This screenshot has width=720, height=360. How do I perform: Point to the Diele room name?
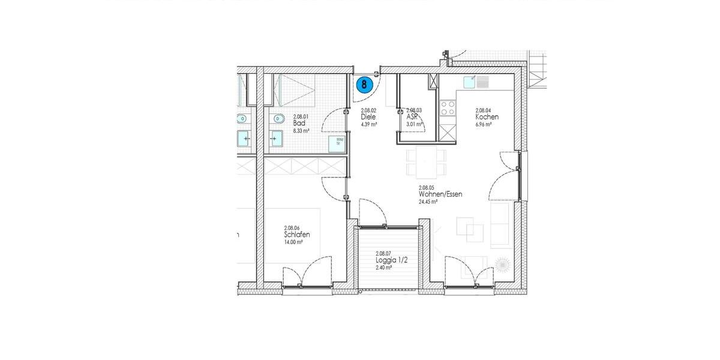(x=368, y=118)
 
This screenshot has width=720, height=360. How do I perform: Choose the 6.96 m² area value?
(x=484, y=124)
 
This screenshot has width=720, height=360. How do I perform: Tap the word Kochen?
(x=487, y=117)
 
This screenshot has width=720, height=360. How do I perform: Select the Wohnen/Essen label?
(x=440, y=194)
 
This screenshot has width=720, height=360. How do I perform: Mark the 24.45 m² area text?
(x=428, y=202)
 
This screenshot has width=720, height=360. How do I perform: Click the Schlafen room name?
(x=297, y=235)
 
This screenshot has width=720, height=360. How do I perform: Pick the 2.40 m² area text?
(x=383, y=268)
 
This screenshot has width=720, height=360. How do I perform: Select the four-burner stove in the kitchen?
(x=448, y=108)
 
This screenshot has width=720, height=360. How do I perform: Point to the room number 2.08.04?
(x=484, y=110)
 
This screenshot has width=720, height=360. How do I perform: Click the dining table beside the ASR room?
(x=426, y=163)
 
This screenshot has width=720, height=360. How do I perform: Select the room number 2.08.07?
(x=383, y=254)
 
